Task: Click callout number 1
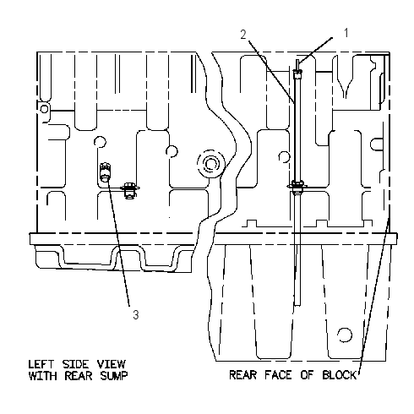click(x=346, y=33)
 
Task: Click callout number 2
click(x=243, y=35)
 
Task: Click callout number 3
click(x=136, y=314)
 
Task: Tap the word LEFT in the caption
click(x=41, y=364)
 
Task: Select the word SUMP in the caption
click(x=114, y=376)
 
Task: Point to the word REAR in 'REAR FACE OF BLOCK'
click(x=242, y=375)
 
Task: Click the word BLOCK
click(x=340, y=375)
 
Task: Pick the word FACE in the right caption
click(x=278, y=375)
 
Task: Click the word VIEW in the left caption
click(x=112, y=364)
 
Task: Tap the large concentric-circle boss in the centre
click(x=211, y=164)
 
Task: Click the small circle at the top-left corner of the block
click(x=44, y=109)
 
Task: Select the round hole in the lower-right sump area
click(x=345, y=335)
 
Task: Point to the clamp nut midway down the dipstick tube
click(x=297, y=186)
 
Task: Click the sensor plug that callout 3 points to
click(x=105, y=172)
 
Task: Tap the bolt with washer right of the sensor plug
click(x=129, y=190)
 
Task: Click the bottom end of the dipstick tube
click(x=297, y=305)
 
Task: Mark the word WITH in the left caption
click(x=43, y=376)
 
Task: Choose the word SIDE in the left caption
click(x=76, y=364)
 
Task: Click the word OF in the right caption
click(x=308, y=375)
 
